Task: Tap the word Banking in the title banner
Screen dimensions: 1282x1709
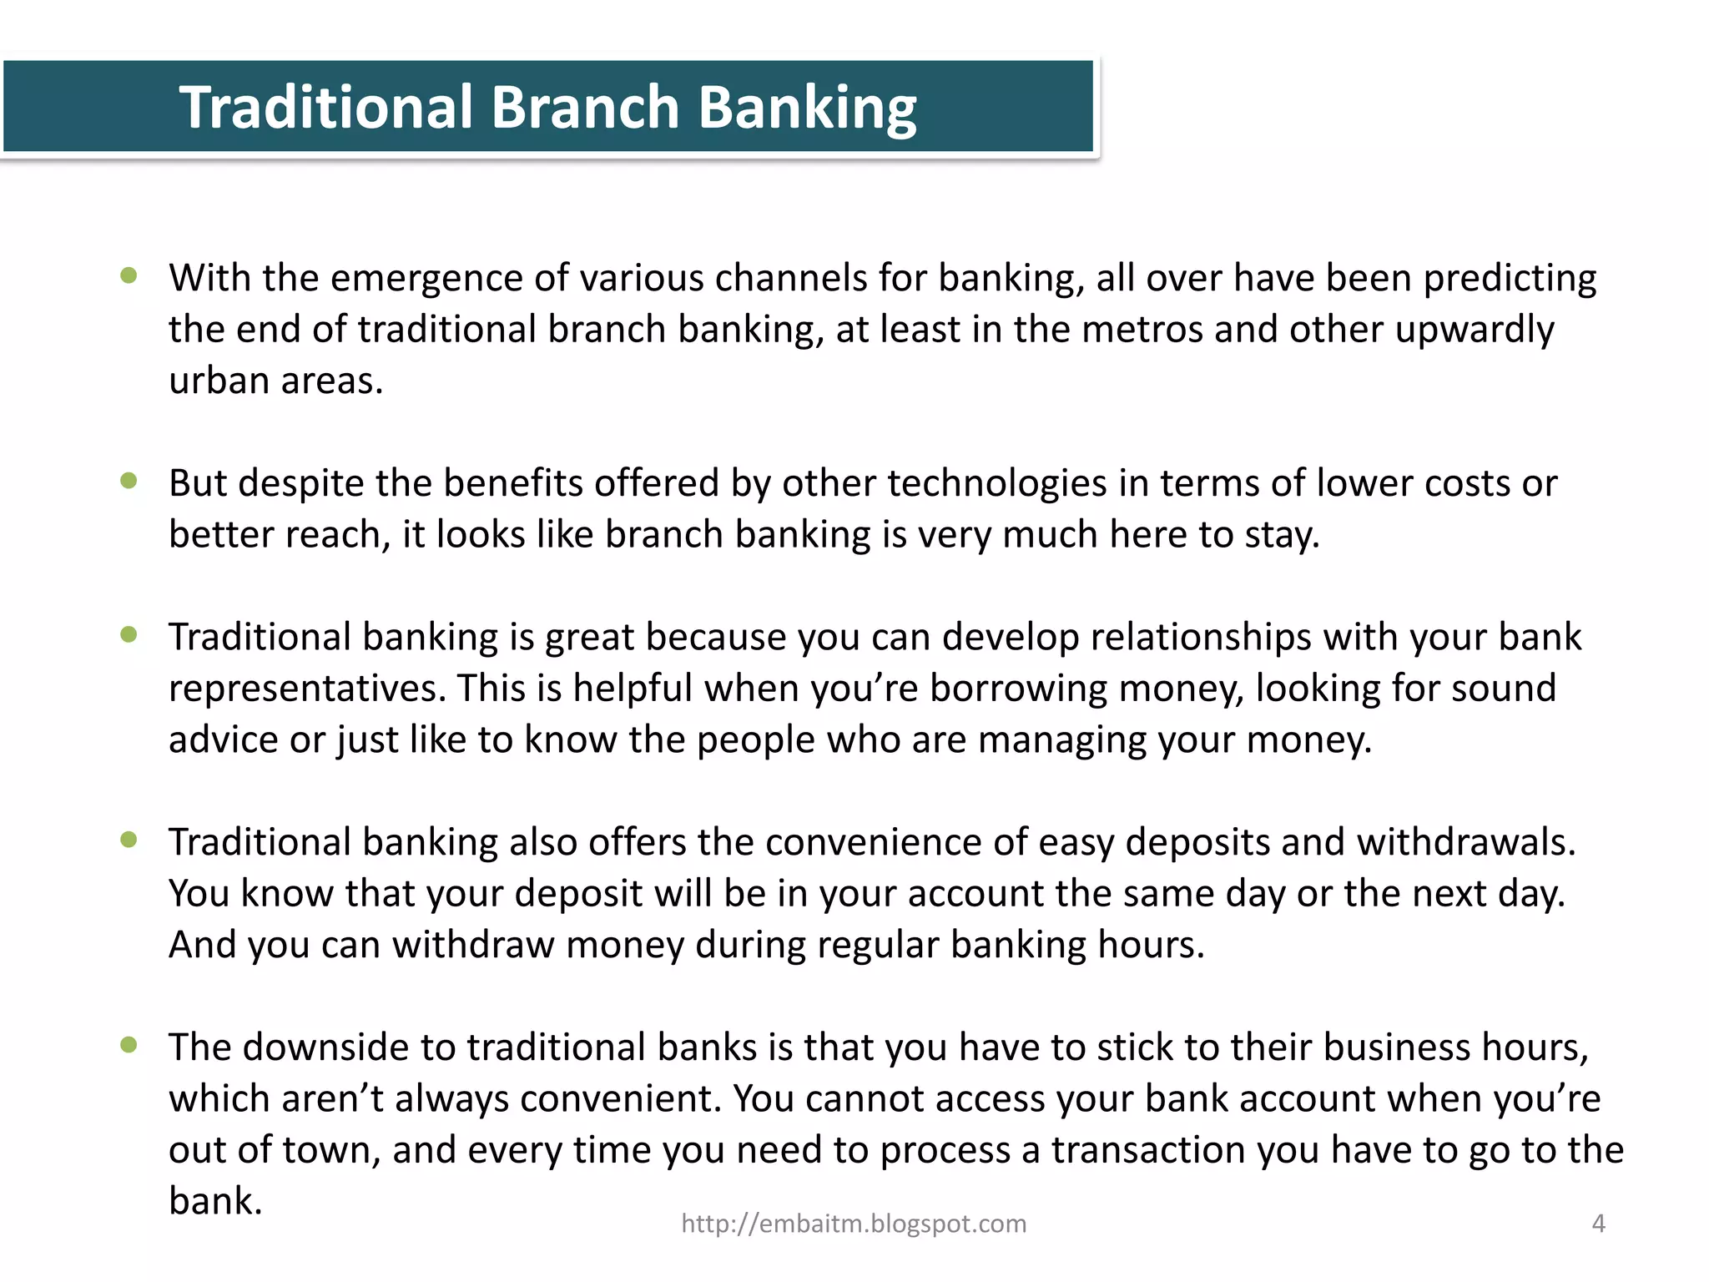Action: click(x=807, y=109)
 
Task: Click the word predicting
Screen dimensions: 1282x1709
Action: click(x=1510, y=280)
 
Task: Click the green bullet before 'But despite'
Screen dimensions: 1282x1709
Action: click(x=129, y=480)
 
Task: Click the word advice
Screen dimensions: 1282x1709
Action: click(x=223, y=740)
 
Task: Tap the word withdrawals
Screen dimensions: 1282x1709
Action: click(x=1466, y=842)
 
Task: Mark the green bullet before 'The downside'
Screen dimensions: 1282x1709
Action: click(x=129, y=1044)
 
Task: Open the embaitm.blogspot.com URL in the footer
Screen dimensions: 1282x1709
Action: click(x=854, y=1224)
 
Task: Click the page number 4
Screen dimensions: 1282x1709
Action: click(x=1598, y=1224)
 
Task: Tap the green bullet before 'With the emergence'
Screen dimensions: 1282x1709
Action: click(x=129, y=275)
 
